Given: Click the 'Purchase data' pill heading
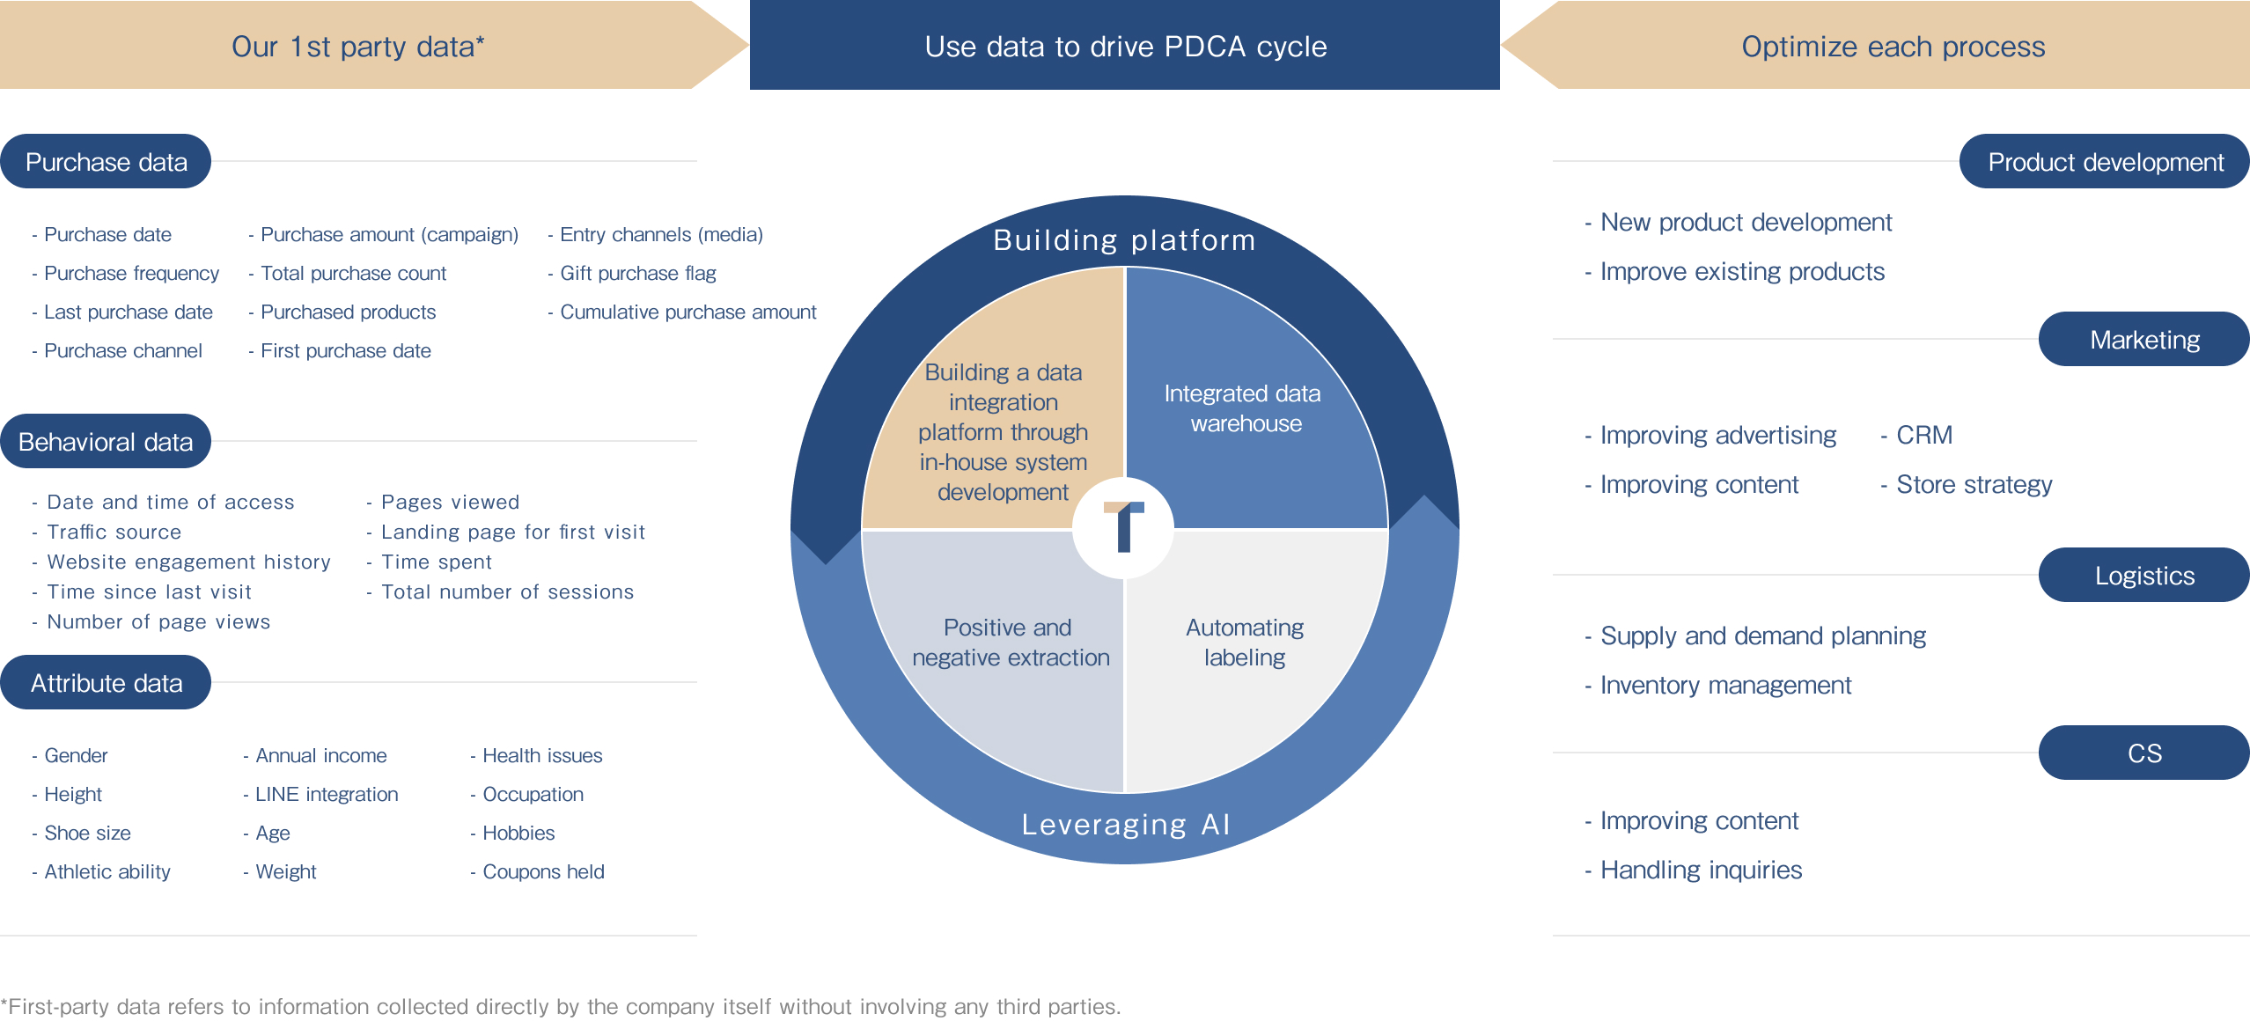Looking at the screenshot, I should (x=106, y=162).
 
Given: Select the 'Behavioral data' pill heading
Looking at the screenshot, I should (x=106, y=442).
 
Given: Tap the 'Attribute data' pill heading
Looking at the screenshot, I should (x=106, y=683).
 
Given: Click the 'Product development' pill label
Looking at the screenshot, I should (x=2105, y=162).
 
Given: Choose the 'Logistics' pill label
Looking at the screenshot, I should (x=2143, y=576).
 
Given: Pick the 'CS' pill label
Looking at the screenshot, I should (x=2143, y=753).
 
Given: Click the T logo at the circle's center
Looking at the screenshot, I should (x=1124, y=527).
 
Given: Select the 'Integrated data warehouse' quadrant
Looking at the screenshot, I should (x=1242, y=408).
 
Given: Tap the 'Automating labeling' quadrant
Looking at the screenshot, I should (x=1244, y=643).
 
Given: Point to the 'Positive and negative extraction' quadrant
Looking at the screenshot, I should (x=1010, y=643).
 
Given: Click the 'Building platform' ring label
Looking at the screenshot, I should (x=1124, y=239).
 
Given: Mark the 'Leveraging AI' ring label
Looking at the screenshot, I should (x=1126, y=824).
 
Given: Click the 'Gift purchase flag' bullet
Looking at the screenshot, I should (x=637, y=274).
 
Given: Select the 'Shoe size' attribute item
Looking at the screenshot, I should (x=87, y=834).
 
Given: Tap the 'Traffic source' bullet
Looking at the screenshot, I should (x=114, y=533).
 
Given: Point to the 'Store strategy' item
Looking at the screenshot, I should (x=1974, y=485).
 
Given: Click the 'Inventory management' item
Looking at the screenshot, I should (x=1725, y=686).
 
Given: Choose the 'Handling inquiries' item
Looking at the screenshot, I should (x=1701, y=870).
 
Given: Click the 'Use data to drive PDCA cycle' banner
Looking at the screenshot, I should (x=1125, y=46).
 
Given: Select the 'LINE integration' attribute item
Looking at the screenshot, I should (x=326, y=795).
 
